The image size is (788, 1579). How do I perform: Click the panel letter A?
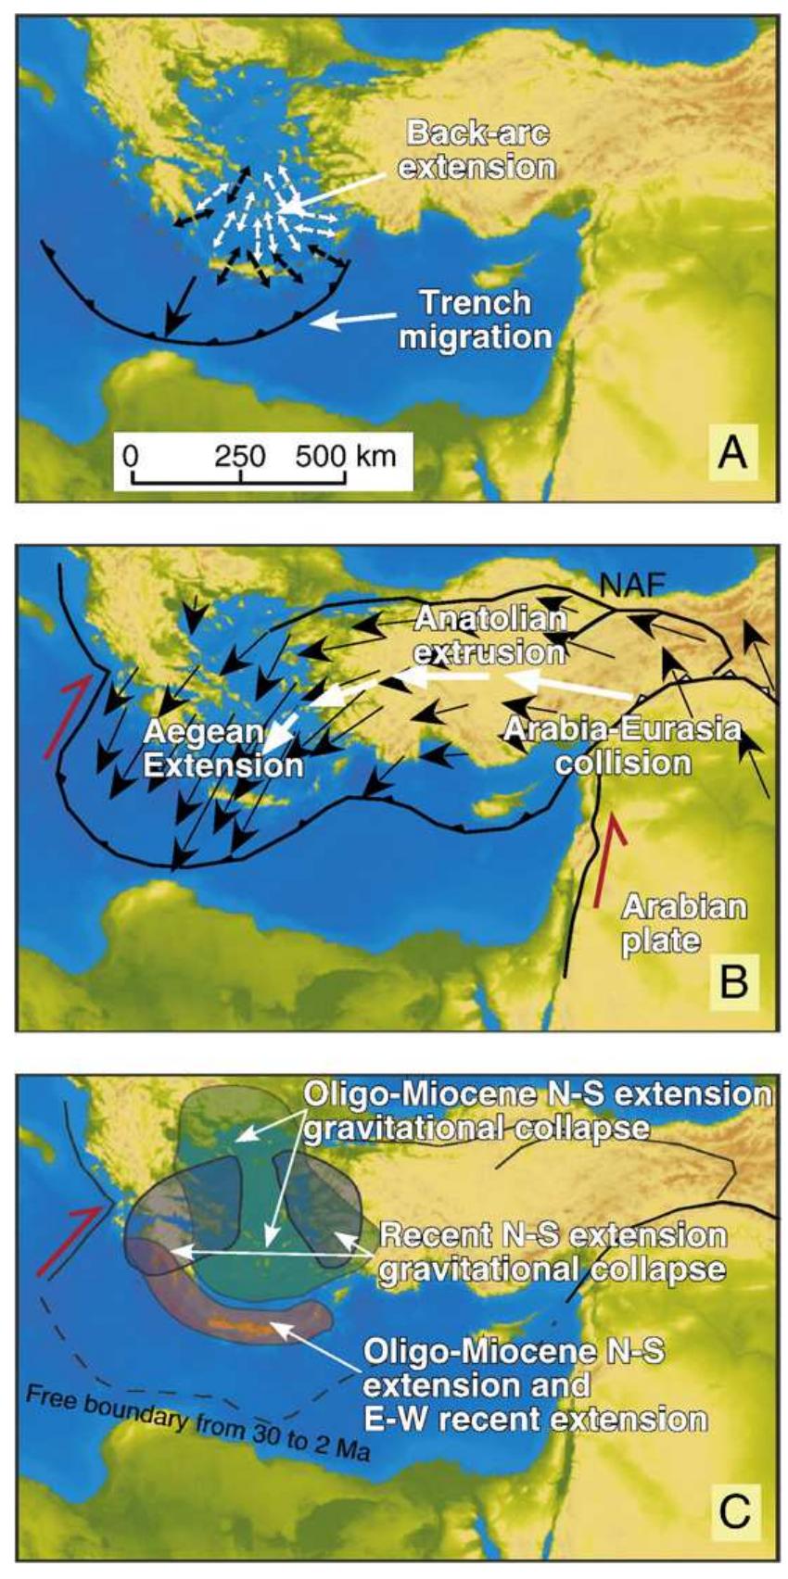click(x=731, y=453)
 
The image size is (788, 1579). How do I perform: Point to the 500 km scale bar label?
click(x=346, y=455)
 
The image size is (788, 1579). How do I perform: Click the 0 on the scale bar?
click(x=131, y=455)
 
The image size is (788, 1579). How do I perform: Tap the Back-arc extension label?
click(x=479, y=150)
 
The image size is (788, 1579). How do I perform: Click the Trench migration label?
click(x=476, y=318)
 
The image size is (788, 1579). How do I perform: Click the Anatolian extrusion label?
click(x=489, y=635)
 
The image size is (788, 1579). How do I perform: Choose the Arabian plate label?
click(x=683, y=923)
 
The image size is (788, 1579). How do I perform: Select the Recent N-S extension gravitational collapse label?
click(x=553, y=1251)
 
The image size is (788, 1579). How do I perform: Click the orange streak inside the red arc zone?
click(x=244, y=1326)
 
